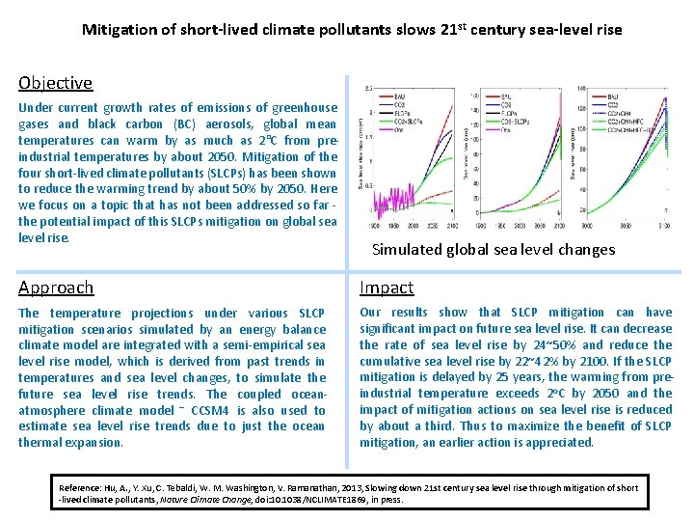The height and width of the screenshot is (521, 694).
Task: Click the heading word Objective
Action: tap(55, 84)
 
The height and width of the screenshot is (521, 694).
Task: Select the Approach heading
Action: tap(56, 288)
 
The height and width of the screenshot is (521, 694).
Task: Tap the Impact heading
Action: tap(387, 288)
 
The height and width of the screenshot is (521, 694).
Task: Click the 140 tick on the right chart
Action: tap(581, 89)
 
